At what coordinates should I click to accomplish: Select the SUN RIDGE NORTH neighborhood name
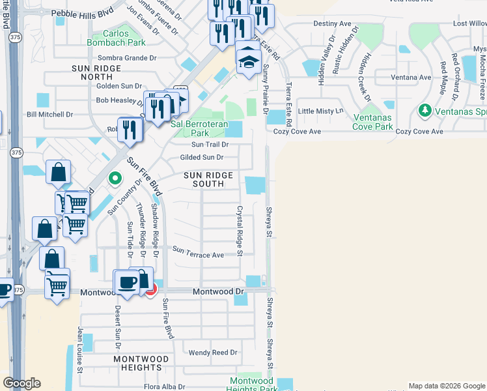coord(96,72)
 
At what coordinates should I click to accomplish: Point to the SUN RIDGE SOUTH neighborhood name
coord(204,179)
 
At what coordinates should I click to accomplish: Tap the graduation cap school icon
coord(247,61)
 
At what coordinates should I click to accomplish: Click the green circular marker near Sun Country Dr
coord(115,178)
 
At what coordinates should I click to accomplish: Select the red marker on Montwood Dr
coord(150,289)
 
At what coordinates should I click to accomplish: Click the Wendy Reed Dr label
coord(213,353)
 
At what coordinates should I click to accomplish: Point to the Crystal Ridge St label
coord(240,231)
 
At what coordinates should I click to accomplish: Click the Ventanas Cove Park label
coord(369,122)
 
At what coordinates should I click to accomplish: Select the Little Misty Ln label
coord(320,111)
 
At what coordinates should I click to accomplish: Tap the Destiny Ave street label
coord(332,23)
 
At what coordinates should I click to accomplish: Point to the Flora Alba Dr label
coord(165,386)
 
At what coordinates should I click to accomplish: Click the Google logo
coord(21,383)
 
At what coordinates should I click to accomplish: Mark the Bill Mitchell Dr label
coord(49,114)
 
